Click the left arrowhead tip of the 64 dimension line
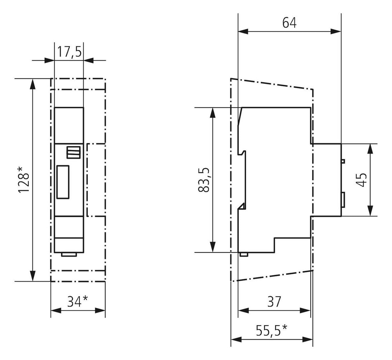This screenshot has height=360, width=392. coord(238,31)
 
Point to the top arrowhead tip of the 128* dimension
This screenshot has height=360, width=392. coord(33,79)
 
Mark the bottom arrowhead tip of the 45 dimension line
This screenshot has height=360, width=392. coord(370,216)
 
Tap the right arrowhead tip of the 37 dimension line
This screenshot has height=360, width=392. coord(310,310)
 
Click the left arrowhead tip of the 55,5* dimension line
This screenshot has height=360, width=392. coord(231,339)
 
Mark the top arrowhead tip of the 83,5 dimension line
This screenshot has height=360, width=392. coord(212,107)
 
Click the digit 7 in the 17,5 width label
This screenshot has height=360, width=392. coord(66,52)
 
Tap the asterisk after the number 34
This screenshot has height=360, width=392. coord(85,298)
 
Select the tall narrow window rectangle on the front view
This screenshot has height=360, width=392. coord(63,182)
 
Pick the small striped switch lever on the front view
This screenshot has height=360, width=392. coord(74,152)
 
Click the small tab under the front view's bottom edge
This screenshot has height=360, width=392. coord(69,255)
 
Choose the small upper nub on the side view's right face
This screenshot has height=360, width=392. coord(343,161)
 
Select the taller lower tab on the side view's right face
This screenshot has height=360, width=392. coord(343,200)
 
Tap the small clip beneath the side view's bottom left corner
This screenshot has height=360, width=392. coord(244,255)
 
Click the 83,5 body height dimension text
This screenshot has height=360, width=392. coord(203,180)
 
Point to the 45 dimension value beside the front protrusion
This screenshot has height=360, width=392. coord(361,180)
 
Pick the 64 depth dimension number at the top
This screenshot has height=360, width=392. coord(289,23)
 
